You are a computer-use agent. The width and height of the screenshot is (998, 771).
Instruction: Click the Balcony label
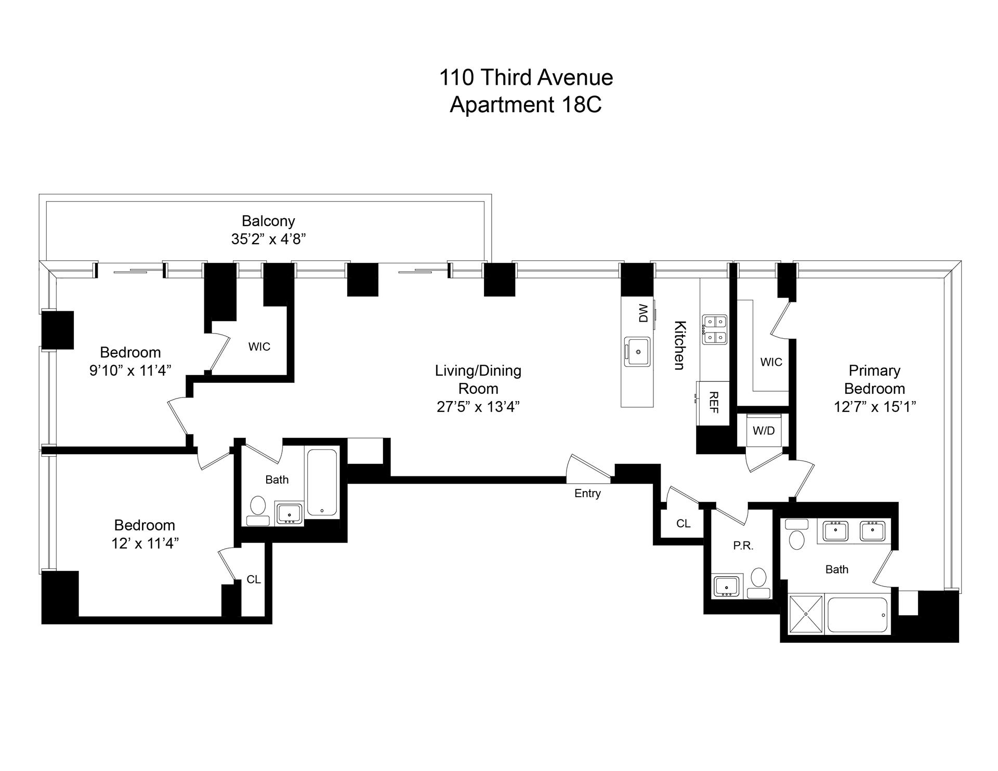(x=268, y=221)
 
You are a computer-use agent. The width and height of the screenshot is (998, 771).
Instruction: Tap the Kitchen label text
(x=679, y=345)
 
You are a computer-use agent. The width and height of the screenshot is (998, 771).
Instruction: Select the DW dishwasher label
(x=644, y=313)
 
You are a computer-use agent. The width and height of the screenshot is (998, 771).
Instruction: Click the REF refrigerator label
(x=714, y=403)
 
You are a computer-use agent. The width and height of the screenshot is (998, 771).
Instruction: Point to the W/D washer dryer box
(x=764, y=430)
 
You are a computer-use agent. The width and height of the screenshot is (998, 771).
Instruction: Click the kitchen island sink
(x=638, y=352)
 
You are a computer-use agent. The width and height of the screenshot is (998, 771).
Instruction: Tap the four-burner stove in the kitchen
(x=715, y=329)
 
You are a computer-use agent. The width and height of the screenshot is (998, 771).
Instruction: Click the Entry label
(x=587, y=494)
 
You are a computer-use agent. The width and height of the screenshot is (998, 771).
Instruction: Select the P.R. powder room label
(x=743, y=546)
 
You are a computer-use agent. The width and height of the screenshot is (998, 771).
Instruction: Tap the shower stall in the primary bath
(x=806, y=614)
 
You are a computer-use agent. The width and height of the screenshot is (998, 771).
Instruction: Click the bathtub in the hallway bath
(x=322, y=483)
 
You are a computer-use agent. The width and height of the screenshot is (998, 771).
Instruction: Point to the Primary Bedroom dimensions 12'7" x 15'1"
(x=875, y=407)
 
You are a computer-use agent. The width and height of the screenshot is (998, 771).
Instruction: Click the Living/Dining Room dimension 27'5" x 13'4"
(x=478, y=407)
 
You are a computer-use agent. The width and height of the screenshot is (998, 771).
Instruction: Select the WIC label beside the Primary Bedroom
(x=771, y=362)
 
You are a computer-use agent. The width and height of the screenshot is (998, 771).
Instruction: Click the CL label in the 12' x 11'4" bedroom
(x=254, y=579)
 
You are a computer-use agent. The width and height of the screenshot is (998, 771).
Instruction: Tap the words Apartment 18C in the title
(x=526, y=104)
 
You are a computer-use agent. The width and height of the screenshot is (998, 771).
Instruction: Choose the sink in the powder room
(x=727, y=586)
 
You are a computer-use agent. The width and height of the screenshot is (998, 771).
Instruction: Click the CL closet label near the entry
(x=683, y=524)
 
